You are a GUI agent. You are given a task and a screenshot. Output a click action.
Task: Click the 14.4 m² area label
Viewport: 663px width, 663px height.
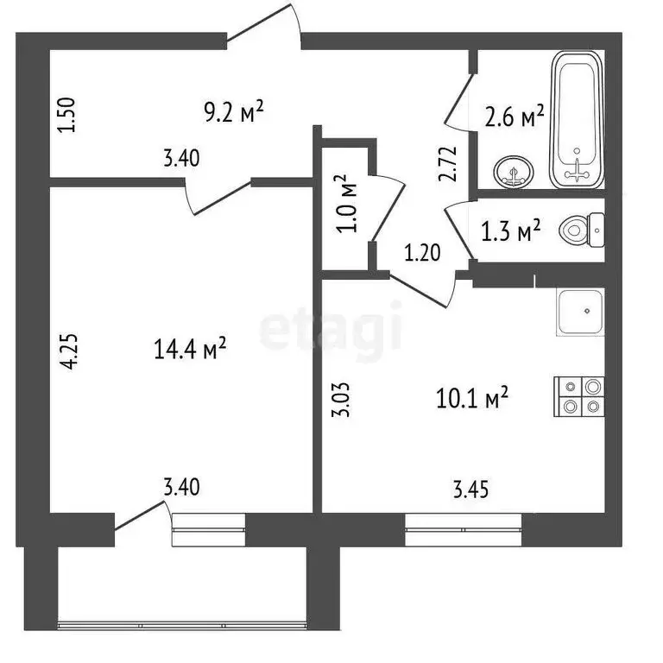tap(190, 349)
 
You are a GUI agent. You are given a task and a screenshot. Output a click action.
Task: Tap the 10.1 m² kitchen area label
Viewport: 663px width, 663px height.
tap(471, 398)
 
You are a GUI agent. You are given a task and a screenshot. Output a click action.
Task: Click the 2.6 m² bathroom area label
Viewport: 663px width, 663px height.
tap(515, 116)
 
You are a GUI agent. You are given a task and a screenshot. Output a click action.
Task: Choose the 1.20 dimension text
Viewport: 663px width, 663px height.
tap(423, 253)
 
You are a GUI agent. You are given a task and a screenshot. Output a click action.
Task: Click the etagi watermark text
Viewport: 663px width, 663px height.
tap(331, 327)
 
